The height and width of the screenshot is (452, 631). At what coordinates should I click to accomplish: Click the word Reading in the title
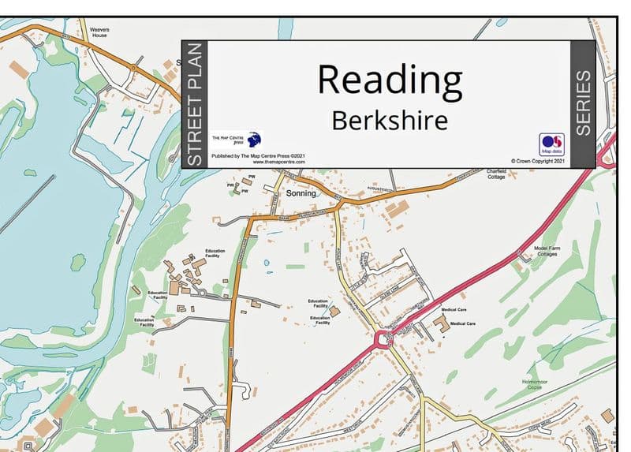click(389, 80)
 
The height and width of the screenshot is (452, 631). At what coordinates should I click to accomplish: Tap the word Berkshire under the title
click(389, 121)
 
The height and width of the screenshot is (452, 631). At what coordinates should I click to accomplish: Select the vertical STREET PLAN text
click(195, 104)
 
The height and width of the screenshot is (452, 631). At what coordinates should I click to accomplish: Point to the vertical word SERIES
click(582, 103)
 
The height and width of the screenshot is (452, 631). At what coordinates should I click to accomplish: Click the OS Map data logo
click(551, 144)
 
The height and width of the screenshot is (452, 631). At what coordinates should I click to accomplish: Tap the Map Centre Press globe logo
click(254, 140)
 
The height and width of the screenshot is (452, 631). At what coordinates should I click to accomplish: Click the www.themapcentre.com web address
click(269, 162)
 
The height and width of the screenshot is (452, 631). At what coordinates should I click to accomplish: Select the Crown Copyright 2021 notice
click(538, 161)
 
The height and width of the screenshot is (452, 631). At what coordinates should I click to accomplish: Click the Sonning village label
click(301, 193)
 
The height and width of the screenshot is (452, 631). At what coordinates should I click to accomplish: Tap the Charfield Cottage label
click(496, 174)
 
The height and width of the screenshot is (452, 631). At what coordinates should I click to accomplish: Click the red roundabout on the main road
click(385, 340)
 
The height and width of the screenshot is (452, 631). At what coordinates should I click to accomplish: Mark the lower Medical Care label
click(462, 323)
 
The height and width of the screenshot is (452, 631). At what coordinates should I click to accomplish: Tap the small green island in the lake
click(78, 261)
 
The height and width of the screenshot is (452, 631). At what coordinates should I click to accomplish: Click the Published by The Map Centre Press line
click(258, 157)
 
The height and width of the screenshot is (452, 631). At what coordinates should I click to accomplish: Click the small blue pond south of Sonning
click(266, 262)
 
